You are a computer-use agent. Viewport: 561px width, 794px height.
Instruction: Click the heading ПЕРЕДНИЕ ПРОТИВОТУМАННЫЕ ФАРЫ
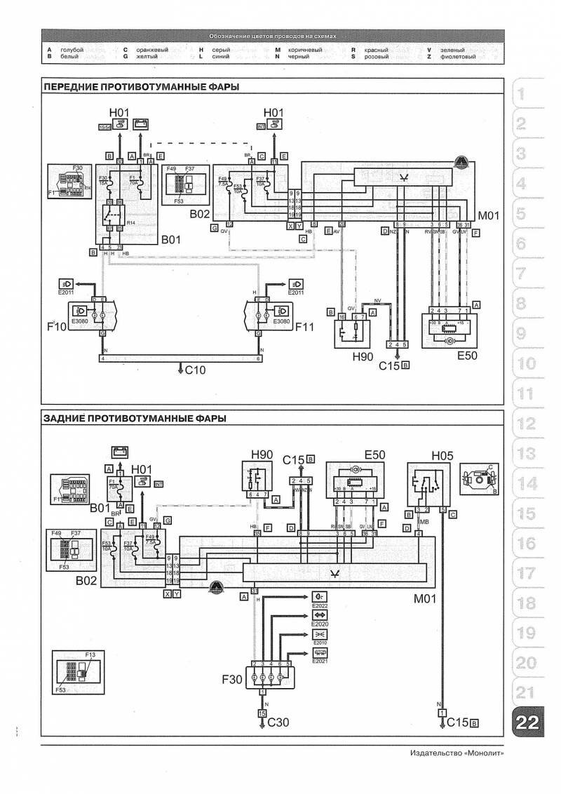140,87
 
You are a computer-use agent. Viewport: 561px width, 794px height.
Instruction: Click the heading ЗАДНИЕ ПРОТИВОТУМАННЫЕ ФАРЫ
135,419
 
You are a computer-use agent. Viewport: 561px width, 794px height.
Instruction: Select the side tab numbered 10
526,364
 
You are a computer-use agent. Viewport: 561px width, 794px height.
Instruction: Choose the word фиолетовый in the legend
459,57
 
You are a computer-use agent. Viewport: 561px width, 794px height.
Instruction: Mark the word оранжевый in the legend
151,51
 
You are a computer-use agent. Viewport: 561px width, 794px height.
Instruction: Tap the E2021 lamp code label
319,661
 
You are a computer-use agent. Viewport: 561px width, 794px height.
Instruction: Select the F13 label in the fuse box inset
90,654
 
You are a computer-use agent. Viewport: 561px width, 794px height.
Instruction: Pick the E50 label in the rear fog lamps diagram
374,455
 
